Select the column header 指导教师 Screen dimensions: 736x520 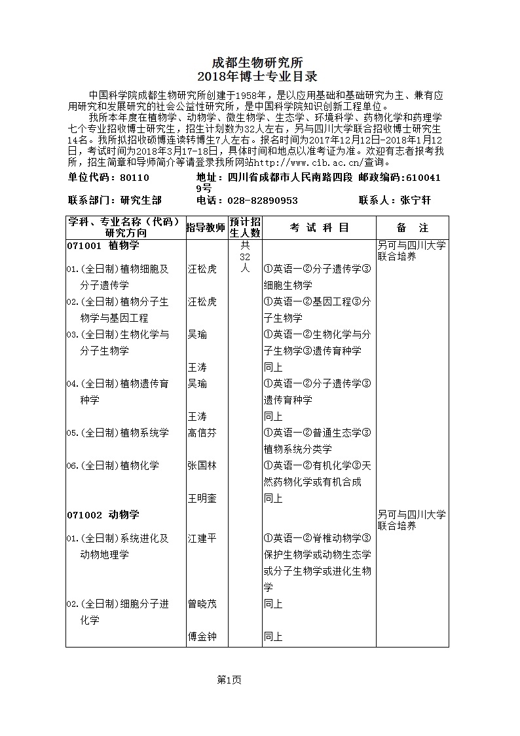[x=206, y=227]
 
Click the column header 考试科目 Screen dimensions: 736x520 [x=319, y=227]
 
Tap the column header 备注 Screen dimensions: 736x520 [x=413, y=227]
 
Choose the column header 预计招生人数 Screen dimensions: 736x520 [x=245, y=227]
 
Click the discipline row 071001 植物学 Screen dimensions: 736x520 [x=103, y=246]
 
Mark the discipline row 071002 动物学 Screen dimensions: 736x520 [x=103, y=514]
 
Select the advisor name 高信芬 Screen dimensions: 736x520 [x=202, y=433]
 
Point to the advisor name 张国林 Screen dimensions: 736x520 [x=202, y=465]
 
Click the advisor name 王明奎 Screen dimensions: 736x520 [x=202, y=498]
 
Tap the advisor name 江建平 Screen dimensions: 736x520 [x=202, y=538]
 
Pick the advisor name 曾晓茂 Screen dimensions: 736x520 [x=202, y=604]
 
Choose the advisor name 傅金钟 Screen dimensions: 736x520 [x=202, y=636]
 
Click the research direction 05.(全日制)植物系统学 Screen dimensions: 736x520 [x=117, y=433]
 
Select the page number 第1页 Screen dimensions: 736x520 [x=229, y=680]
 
